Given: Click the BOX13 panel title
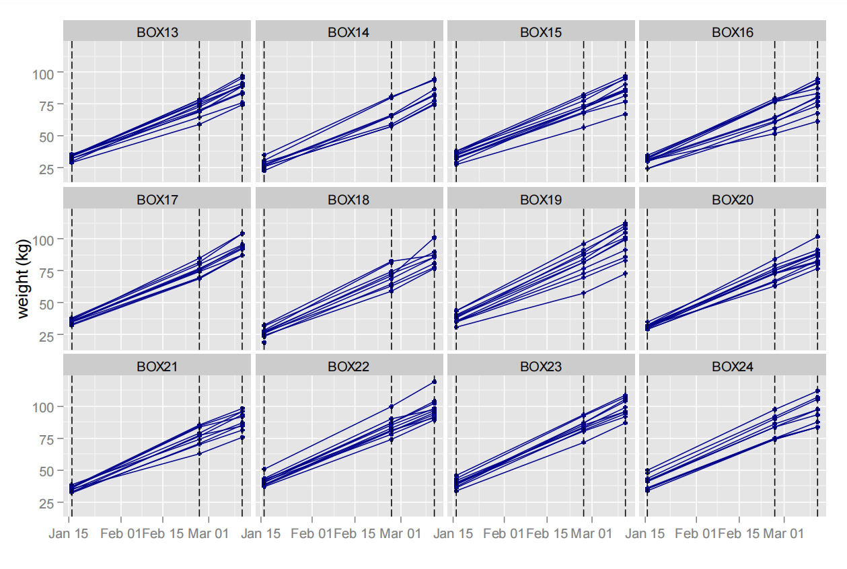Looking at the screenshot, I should [157, 32].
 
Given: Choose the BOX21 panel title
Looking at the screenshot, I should [157, 367].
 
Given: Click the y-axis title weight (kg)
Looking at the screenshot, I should [24, 278].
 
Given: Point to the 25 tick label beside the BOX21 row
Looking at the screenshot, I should [51, 503].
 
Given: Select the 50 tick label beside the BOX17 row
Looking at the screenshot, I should [51, 304].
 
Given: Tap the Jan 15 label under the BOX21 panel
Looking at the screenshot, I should [67, 533].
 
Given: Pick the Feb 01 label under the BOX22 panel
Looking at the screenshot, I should [311, 533].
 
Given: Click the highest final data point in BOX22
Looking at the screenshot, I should [435, 382].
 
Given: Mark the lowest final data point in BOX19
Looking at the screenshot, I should [626, 274].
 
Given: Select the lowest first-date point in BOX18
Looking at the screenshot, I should [264, 343].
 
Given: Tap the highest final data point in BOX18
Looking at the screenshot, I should [435, 237].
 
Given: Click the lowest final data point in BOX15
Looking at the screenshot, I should [626, 114].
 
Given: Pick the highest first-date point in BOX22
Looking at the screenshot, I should [264, 469].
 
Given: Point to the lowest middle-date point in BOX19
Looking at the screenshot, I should [584, 293].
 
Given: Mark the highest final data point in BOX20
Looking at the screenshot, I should [817, 237].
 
